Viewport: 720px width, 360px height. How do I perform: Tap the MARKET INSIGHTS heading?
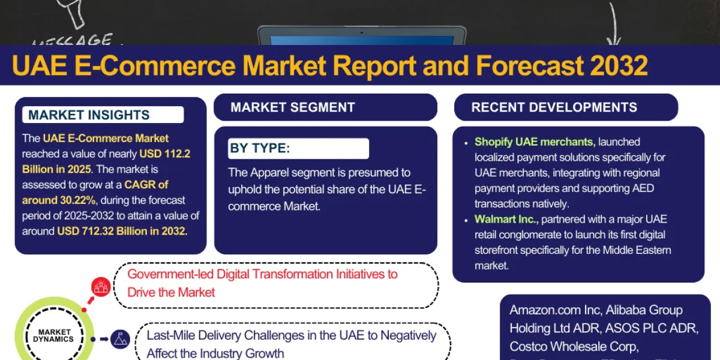click(x=89, y=115)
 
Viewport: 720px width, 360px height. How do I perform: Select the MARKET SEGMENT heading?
click(x=293, y=108)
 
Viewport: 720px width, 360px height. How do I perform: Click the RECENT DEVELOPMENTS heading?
click(x=554, y=108)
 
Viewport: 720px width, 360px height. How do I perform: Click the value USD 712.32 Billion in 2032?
click(x=122, y=231)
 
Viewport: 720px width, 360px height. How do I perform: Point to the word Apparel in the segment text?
click(x=269, y=173)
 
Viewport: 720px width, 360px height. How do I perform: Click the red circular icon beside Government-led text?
click(x=101, y=287)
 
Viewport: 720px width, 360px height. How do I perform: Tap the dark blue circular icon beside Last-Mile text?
click(x=121, y=339)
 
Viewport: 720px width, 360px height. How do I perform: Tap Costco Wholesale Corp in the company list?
click(x=574, y=346)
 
